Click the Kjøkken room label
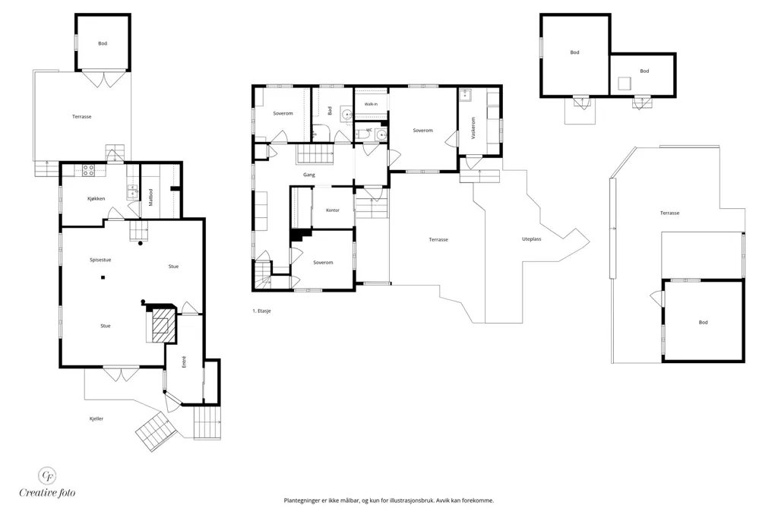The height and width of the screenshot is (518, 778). click(x=96, y=199)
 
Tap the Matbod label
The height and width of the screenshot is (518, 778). click(x=151, y=197)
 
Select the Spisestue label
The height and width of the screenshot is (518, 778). click(x=100, y=260)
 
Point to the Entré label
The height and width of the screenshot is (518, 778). click(x=184, y=362)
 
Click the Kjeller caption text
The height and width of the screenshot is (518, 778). click(x=96, y=419)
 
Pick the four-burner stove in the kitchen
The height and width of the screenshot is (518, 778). click(x=88, y=170)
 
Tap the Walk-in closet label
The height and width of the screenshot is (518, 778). click(x=371, y=104)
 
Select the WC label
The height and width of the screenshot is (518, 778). click(x=369, y=130)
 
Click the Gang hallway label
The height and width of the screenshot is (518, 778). click(x=309, y=175)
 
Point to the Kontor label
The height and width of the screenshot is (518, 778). click(x=333, y=210)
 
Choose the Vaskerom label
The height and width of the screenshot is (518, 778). click(x=473, y=128)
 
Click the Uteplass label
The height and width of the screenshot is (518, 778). click(x=531, y=239)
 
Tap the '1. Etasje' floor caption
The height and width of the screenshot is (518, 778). click(x=261, y=311)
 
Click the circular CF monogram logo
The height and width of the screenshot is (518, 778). click(x=48, y=475)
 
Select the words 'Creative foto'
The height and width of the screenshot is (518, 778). click(x=48, y=493)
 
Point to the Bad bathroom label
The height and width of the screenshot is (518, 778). click(x=330, y=111)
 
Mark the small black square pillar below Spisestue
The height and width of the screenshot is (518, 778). click(x=103, y=278)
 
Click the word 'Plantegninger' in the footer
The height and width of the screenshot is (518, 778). click(x=299, y=501)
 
